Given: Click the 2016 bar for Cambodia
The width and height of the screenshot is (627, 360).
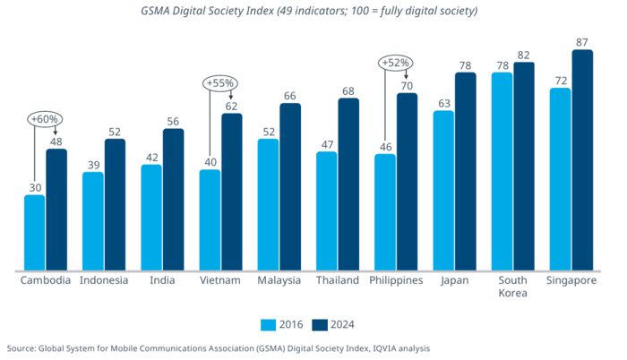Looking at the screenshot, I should pyautogui.click(x=34, y=232).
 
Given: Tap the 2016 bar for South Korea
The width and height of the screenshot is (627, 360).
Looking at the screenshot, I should pyautogui.click(x=502, y=170).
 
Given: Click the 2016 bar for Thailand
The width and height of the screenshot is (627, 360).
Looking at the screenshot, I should pyautogui.click(x=327, y=210).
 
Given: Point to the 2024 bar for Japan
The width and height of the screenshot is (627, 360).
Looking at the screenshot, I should pyautogui.click(x=465, y=170).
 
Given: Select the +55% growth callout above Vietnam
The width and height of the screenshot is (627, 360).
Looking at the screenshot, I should pyautogui.click(x=219, y=83).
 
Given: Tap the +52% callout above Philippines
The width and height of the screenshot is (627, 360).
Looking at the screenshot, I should pyautogui.click(x=395, y=63).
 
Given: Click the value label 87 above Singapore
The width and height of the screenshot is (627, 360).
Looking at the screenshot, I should pyautogui.click(x=582, y=41).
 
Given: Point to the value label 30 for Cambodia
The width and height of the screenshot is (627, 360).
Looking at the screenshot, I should pyautogui.click(x=34, y=187).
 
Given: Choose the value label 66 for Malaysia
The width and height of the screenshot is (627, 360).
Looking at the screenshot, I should pyautogui.click(x=290, y=95).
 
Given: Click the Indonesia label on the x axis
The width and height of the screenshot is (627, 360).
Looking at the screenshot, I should pyautogui.click(x=104, y=280).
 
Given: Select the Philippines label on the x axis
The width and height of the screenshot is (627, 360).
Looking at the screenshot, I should pyautogui.click(x=396, y=280).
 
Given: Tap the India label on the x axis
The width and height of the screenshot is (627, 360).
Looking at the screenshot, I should pyautogui.click(x=161, y=280).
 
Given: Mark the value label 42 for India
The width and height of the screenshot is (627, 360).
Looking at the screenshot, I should pyautogui.click(x=151, y=157).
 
